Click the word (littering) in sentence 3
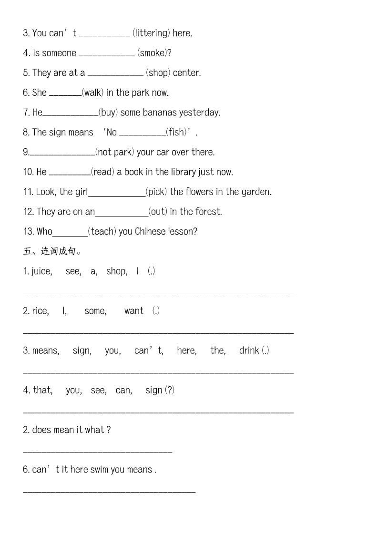coord(151,33)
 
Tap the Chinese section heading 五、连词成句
coord(52,251)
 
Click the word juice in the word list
coord(41,271)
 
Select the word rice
coord(40,311)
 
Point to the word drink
coord(249,350)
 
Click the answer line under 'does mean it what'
coord(97,451)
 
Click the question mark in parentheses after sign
coord(170,390)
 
